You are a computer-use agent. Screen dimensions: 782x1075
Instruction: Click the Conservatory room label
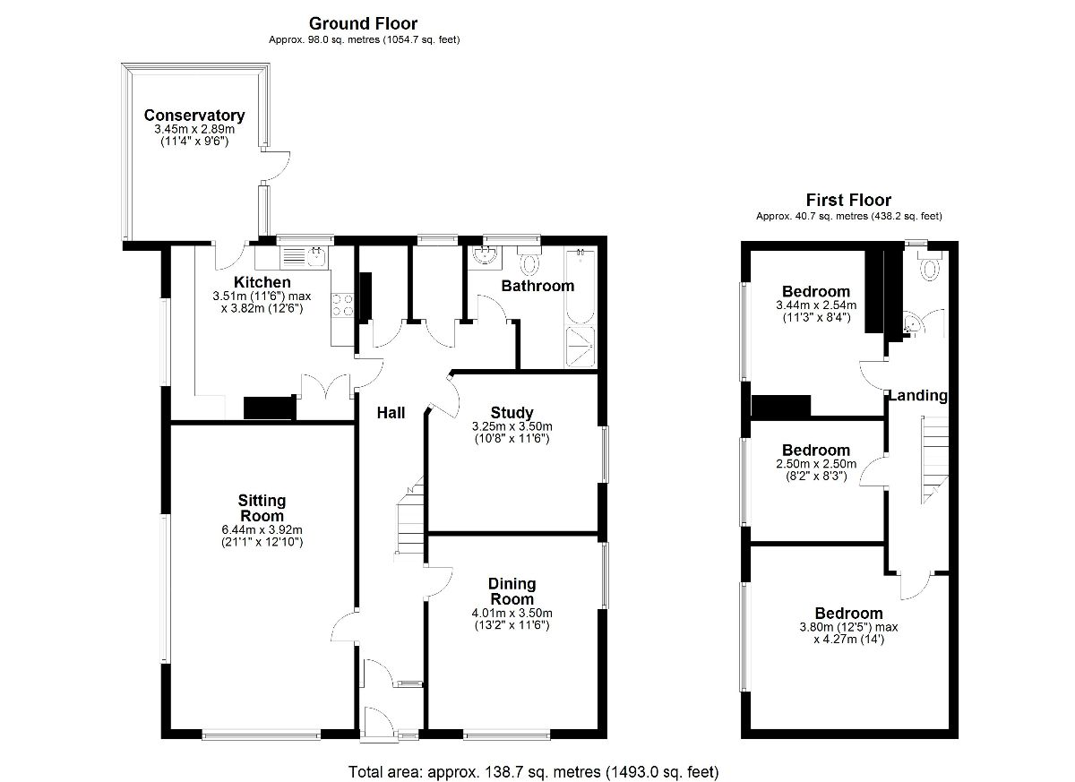[194, 116]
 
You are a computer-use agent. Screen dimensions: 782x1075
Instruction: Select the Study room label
[512, 413]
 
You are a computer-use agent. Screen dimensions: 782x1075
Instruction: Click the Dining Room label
[512, 592]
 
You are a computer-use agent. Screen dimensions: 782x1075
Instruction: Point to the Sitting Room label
[262, 508]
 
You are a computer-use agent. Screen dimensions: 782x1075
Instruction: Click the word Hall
[391, 413]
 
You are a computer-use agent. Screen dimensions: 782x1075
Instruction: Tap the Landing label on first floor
[917, 395]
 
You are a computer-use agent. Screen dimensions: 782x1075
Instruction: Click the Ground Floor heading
[363, 23]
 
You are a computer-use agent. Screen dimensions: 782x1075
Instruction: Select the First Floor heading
[848, 200]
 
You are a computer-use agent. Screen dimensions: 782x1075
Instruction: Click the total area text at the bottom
[533, 771]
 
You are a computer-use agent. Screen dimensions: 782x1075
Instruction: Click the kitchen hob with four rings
[341, 305]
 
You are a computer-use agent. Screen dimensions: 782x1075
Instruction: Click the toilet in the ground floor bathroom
[529, 263]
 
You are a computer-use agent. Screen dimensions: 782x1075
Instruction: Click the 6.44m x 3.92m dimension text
[262, 529]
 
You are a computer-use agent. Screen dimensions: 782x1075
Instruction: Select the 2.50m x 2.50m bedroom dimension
[815, 464]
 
